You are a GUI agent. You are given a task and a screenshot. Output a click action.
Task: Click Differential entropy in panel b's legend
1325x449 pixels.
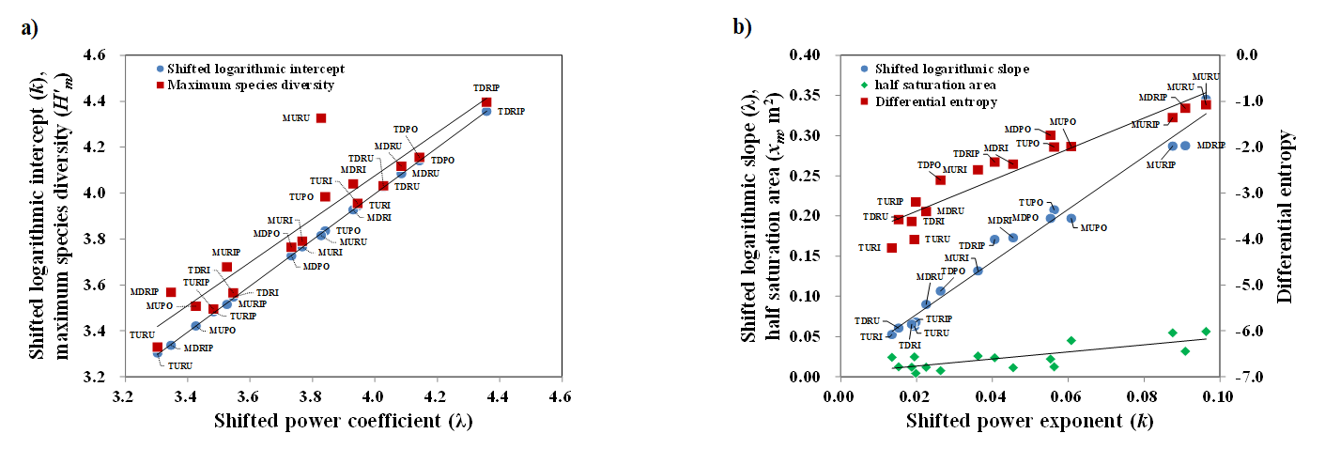pyautogui.click(x=935, y=101)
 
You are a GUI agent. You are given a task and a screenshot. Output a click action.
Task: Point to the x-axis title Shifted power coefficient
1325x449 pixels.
pyautogui.click(x=342, y=420)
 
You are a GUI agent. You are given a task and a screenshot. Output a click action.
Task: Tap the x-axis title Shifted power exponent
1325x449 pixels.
pyautogui.click(x=1029, y=422)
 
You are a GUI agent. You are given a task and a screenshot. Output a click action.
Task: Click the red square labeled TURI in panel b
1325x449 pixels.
pyautogui.click(x=891, y=248)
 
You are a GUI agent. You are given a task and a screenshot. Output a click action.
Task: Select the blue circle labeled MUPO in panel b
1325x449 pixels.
pyautogui.click(x=1071, y=219)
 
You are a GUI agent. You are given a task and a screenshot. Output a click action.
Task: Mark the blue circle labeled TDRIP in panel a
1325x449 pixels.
pyautogui.click(x=486, y=111)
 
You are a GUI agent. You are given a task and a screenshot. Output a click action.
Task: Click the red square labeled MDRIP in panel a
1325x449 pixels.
pyautogui.click(x=171, y=292)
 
